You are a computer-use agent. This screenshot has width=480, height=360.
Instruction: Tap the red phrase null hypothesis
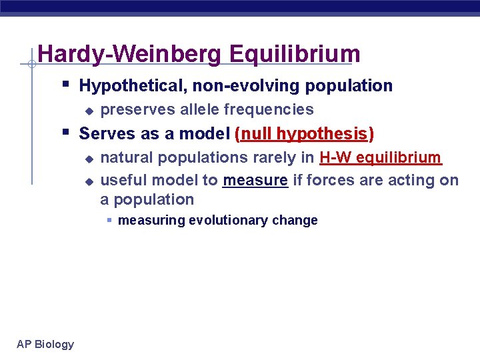tap(305, 134)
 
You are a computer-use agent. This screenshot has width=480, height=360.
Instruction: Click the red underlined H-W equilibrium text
tap(381, 158)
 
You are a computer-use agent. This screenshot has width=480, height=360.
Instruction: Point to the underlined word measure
tap(255, 180)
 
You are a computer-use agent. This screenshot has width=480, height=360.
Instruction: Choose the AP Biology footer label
tap(45, 344)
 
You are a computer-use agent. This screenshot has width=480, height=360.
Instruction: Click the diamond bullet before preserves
tap(87, 111)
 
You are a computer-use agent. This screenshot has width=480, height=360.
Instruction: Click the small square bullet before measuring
tap(109, 221)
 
